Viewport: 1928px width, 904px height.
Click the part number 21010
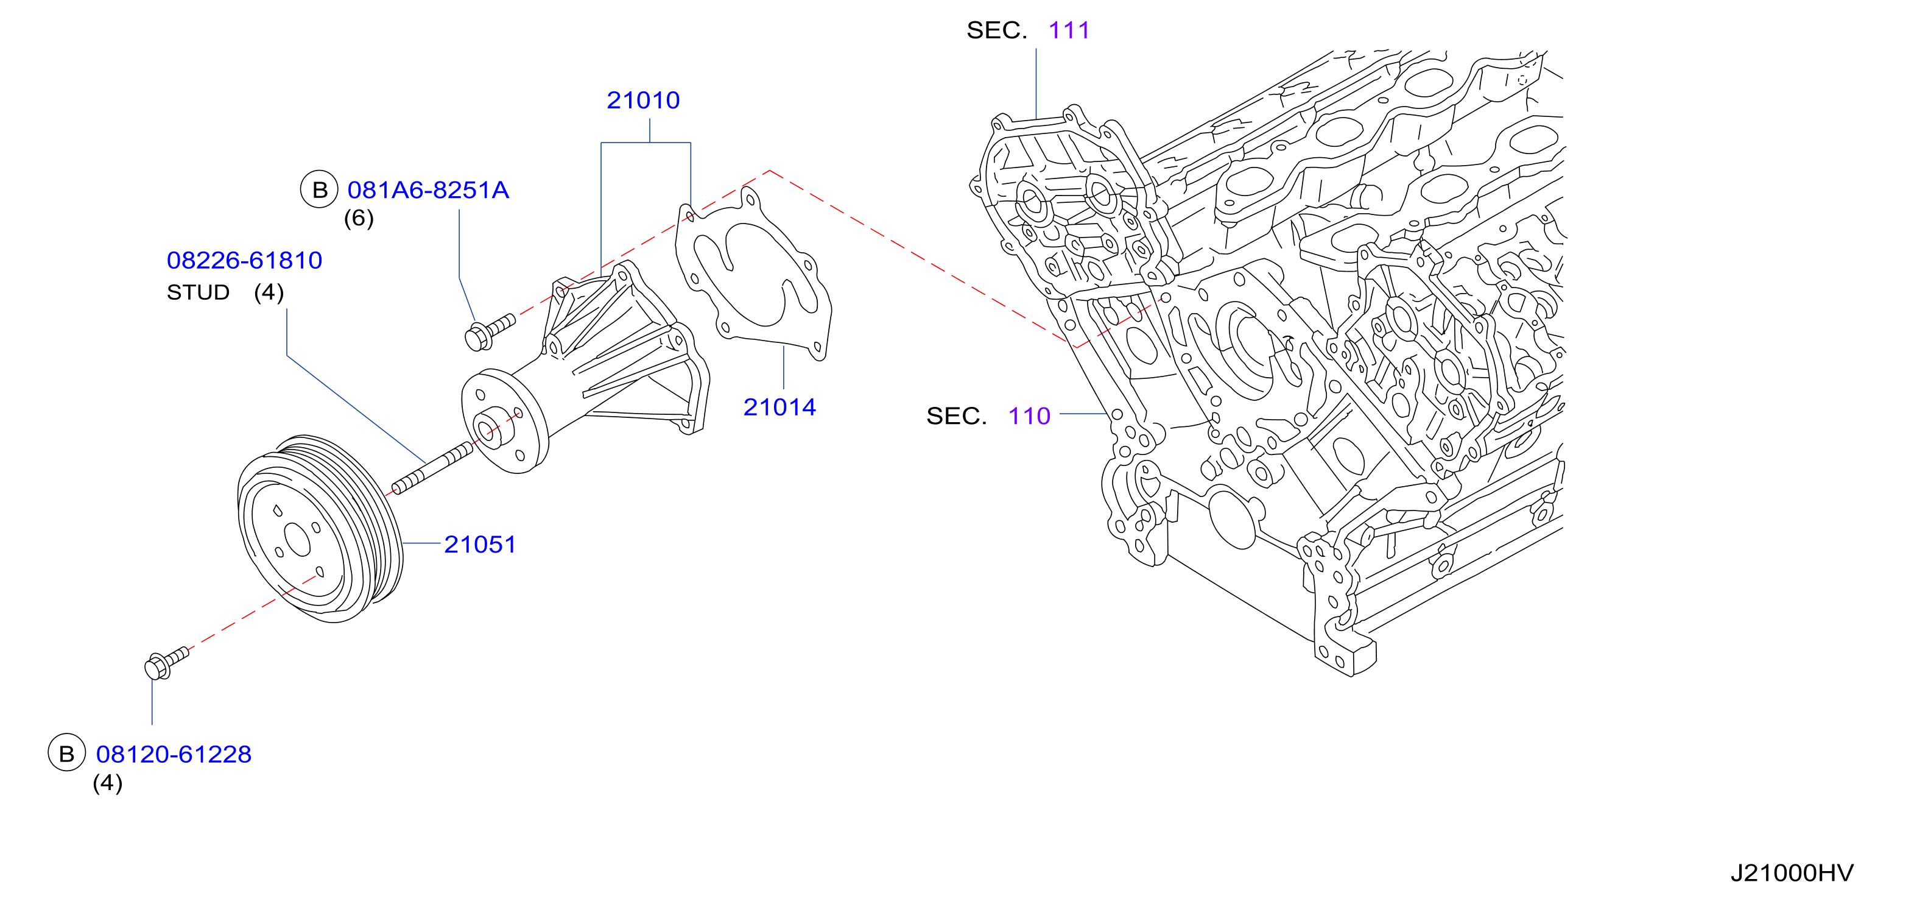coord(643,101)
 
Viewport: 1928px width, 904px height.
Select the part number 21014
coord(779,408)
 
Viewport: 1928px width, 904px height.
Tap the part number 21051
coord(480,545)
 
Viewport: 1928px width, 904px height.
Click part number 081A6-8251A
coord(428,190)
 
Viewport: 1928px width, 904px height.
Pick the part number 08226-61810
coord(244,261)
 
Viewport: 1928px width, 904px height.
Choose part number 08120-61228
coord(174,754)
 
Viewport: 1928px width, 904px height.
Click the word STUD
coord(197,292)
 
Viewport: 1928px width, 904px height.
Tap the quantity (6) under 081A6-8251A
coord(359,219)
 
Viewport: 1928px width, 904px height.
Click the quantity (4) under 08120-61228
coord(108,783)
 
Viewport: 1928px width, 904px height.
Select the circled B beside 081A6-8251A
coord(320,189)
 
